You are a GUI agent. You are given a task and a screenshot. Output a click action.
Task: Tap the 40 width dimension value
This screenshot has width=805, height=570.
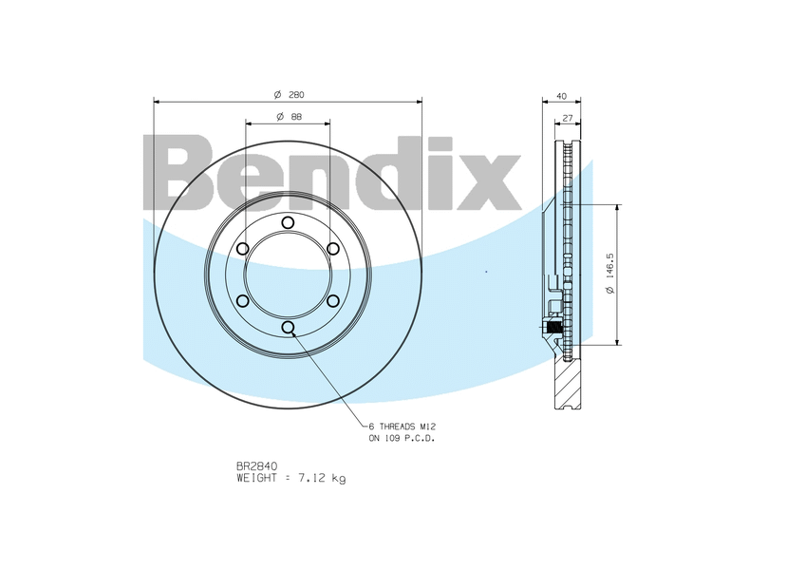(x=561, y=96)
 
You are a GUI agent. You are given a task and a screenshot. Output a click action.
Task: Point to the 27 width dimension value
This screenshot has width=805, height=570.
(x=567, y=118)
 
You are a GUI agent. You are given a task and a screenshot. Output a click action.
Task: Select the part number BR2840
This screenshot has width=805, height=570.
(x=256, y=466)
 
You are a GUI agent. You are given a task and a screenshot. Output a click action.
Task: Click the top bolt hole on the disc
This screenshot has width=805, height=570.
(x=288, y=222)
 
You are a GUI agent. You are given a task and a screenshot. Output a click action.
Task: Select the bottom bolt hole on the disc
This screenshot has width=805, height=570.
(x=288, y=328)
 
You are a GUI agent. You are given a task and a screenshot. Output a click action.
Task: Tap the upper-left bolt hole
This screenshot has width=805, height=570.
(x=242, y=249)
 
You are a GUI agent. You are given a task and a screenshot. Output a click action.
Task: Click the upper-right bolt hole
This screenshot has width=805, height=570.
(x=333, y=249)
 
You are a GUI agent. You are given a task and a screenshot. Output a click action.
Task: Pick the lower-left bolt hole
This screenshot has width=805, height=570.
(x=242, y=301)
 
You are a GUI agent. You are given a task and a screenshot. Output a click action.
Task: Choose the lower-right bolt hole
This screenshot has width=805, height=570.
(x=333, y=301)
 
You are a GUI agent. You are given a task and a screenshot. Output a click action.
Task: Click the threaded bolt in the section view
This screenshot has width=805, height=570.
(x=557, y=330)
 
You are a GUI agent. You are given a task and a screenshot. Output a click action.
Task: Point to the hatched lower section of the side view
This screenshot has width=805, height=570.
(x=571, y=385)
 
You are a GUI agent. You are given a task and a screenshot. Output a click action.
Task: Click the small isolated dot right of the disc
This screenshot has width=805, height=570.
(x=487, y=273)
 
